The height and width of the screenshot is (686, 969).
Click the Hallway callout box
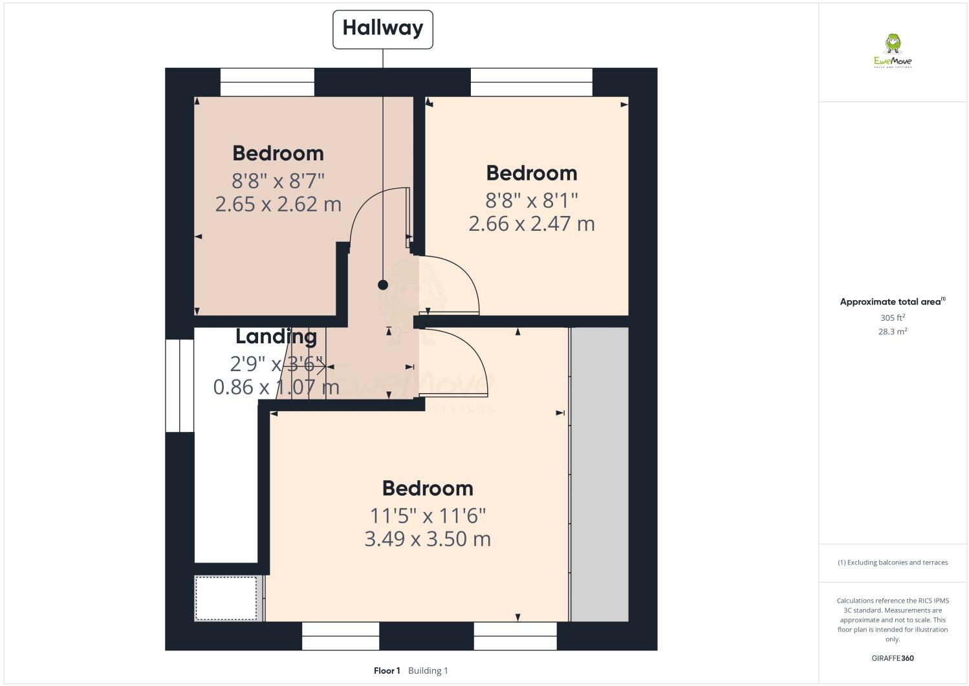pos(382,28)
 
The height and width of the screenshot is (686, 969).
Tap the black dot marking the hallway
pos(383,284)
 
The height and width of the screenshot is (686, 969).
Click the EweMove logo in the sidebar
pos(893,52)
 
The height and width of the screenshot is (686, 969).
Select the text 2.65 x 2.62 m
pos(278,204)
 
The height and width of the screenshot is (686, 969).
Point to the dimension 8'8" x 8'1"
pos(531,200)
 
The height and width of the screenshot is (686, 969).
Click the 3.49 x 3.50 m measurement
pos(428,539)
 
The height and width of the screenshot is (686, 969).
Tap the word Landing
pos(276,336)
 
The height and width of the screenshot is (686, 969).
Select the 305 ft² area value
pos(893,318)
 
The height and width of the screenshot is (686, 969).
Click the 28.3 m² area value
pos(893,332)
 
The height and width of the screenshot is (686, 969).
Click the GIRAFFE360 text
pos(893,658)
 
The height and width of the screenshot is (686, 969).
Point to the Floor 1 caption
pos(387,670)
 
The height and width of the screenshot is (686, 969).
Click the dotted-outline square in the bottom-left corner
pos(226,598)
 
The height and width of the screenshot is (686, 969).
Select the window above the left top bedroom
pos(267,82)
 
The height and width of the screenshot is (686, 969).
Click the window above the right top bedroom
pos(531,82)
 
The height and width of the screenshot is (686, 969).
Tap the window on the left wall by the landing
pos(180,385)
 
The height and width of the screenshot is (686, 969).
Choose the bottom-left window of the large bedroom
pos(340,636)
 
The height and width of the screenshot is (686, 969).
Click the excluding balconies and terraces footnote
pos(893,563)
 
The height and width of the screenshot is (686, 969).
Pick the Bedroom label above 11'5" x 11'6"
pos(428,488)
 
